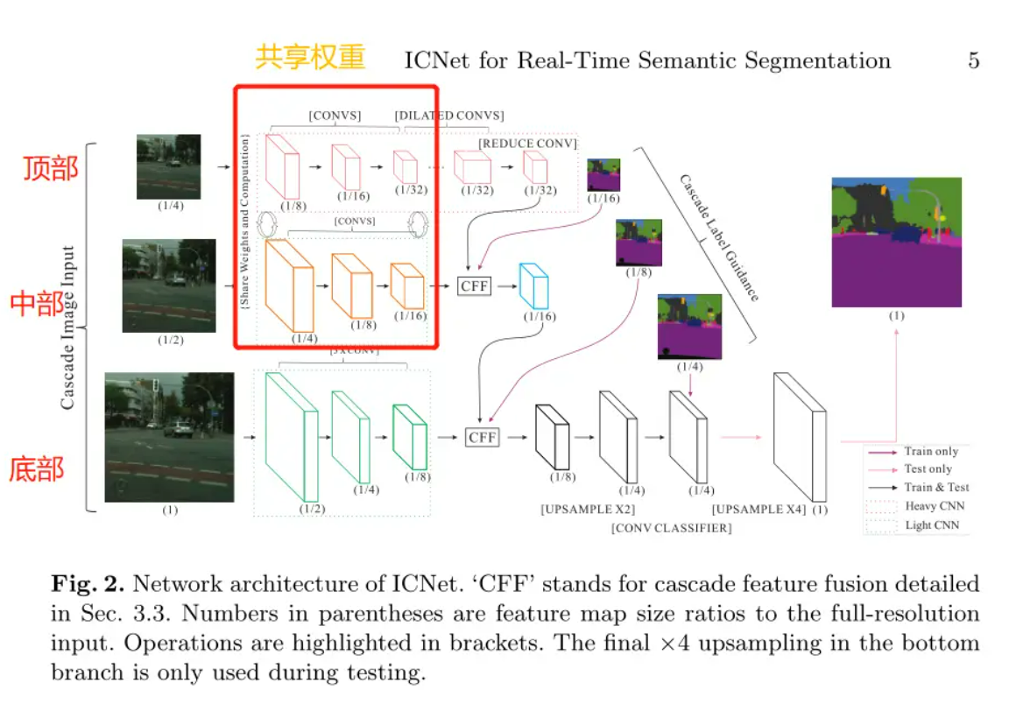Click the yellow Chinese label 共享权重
click(310, 57)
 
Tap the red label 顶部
click(50, 167)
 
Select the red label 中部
click(37, 304)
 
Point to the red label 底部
click(37, 468)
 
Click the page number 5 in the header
click(973, 60)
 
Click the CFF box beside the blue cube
click(474, 285)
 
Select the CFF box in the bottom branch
click(482, 436)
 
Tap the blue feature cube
click(533, 285)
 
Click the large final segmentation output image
click(896, 242)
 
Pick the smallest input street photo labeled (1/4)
click(168, 166)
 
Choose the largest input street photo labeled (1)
click(169, 437)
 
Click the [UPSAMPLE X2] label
click(588, 509)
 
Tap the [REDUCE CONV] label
click(527, 143)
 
